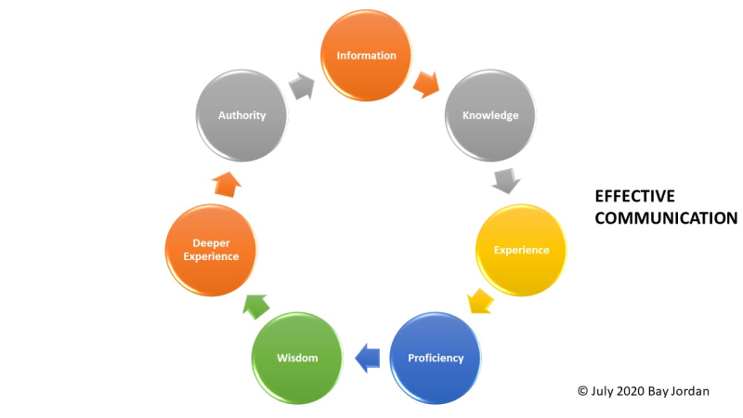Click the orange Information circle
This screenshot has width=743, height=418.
point(366,56)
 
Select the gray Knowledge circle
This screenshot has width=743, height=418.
point(490,116)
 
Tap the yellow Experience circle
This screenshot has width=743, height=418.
point(521,250)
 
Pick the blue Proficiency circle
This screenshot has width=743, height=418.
point(435,358)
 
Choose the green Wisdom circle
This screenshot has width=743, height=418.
point(297,358)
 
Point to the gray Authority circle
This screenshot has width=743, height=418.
point(241,116)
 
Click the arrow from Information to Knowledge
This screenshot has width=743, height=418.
point(425,85)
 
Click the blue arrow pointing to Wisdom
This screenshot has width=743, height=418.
point(366,354)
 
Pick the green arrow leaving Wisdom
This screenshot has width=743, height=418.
point(254,303)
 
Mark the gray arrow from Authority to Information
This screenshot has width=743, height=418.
point(302,85)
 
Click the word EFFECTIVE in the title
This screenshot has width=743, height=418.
point(634,197)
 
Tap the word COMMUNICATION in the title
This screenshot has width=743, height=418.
point(666,218)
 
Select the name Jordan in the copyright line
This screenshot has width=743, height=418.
point(691,391)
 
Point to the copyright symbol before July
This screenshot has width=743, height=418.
point(583,391)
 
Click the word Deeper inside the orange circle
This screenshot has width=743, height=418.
point(211,243)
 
